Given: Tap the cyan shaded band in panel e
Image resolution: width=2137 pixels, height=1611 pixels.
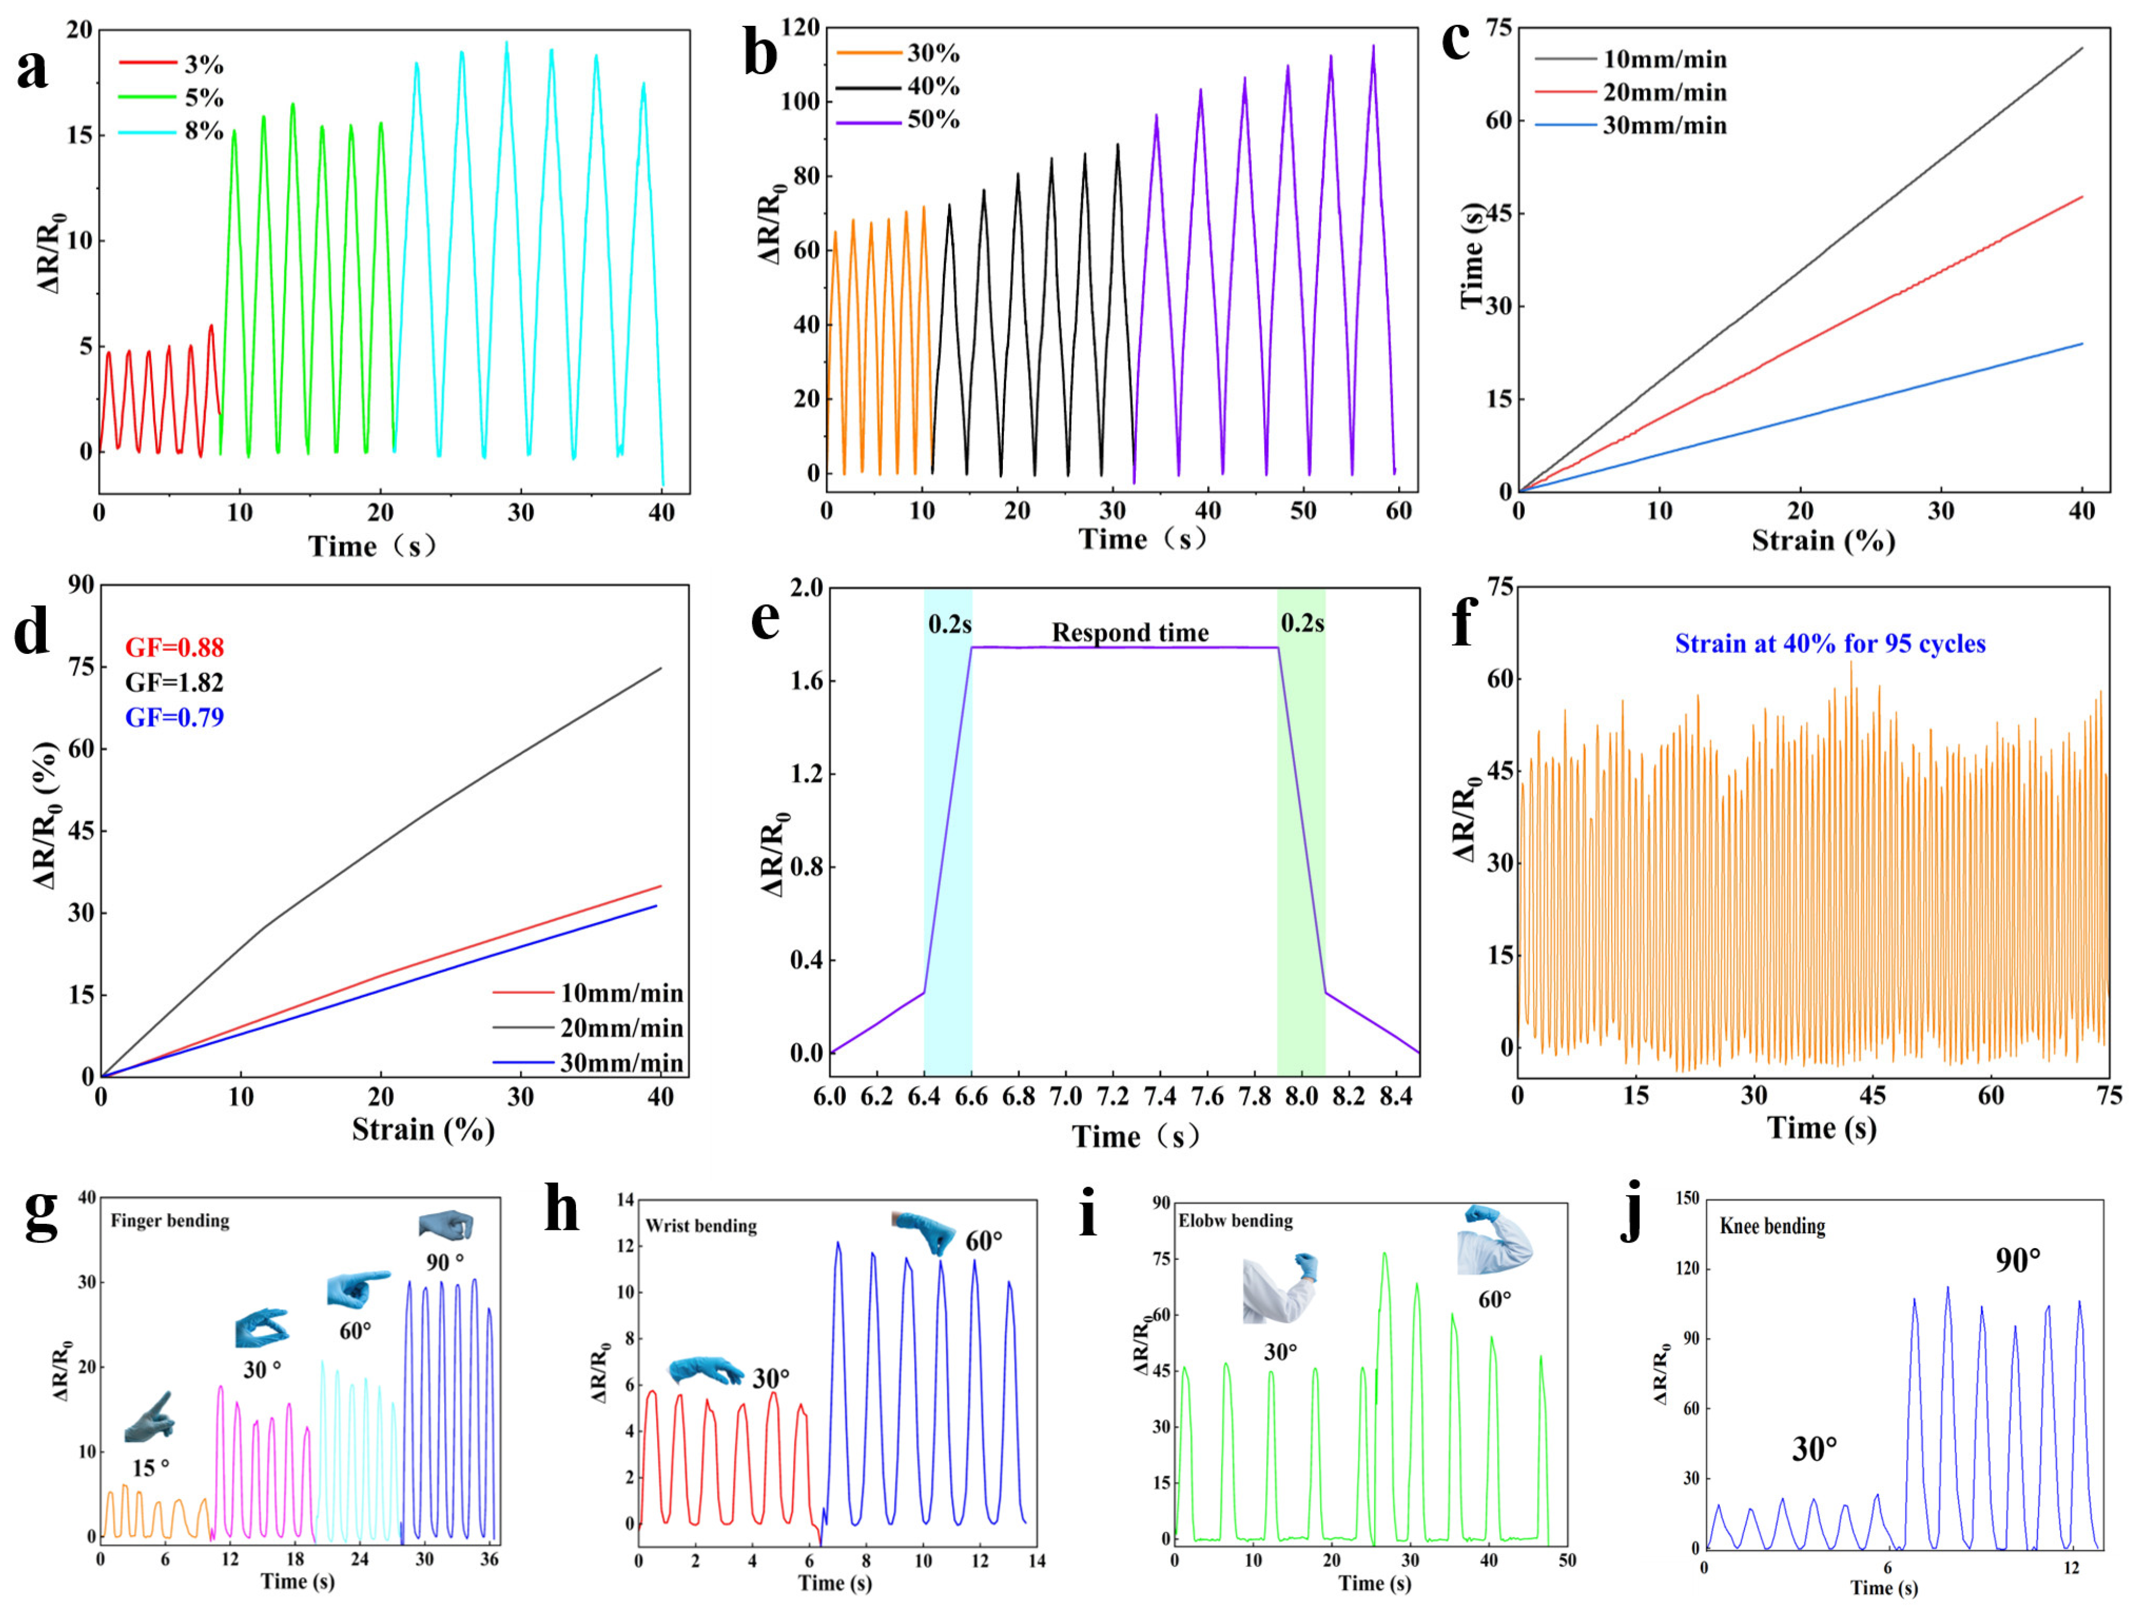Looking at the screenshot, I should pyautogui.click(x=948, y=821).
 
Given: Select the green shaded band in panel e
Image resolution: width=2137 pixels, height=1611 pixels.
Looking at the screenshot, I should pyautogui.click(x=1300, y=821).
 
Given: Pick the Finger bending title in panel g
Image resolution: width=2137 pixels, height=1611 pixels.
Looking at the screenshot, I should pyautogui.click(x=170, y=1221).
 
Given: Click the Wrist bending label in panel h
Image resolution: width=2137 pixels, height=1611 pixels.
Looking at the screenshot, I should pyautogui.click(x=701, y=1225).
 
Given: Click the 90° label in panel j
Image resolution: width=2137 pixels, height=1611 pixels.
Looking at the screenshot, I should pyautogui.click(x=2018, y=1260).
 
